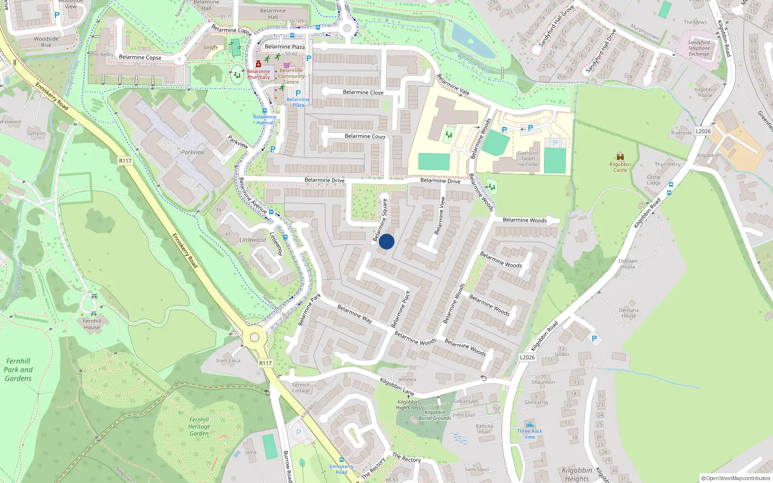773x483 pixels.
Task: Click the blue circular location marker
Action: pos(386,241)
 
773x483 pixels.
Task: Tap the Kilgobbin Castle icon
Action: pos(620,157)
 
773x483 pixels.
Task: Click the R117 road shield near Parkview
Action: pos(125,161)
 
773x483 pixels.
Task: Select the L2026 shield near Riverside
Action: pos(703,131)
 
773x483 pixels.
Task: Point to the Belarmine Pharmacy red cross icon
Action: pos(258,64)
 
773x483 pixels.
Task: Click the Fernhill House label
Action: pos(92,324)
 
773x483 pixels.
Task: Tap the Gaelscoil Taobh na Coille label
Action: pos(528,158)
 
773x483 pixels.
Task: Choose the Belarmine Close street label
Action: pos(363,92)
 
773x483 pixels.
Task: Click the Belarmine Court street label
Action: pos(365,136)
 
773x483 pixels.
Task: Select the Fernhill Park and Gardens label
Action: pos(18,369)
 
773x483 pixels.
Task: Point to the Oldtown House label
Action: pos(628,264)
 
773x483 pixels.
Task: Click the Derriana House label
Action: pos(629,313)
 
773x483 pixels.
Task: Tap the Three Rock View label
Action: pos(530,434)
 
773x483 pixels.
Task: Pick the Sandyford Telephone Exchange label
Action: pos(699,48)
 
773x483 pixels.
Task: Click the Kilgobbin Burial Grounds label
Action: pos(435,415)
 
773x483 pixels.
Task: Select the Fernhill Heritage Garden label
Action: pos(199,426)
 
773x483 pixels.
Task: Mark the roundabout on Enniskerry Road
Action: pos(255,338)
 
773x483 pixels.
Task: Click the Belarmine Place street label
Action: pos(401,309)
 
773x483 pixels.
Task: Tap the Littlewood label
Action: pos(253,240)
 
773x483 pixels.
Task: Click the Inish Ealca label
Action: pos(228,360)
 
